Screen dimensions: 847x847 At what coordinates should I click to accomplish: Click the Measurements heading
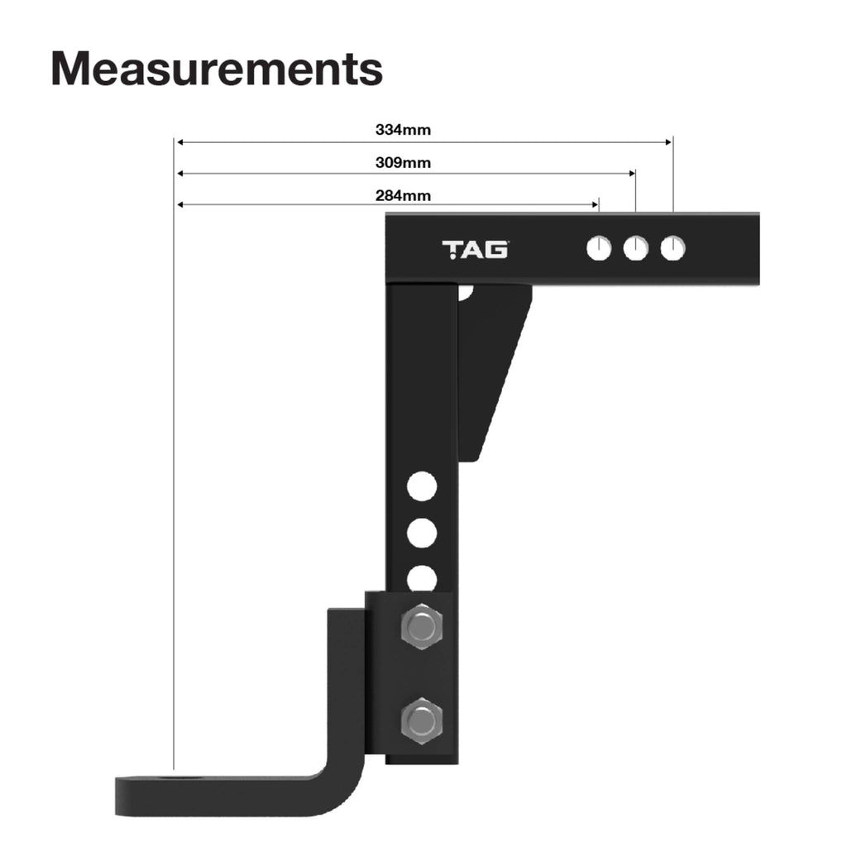217,69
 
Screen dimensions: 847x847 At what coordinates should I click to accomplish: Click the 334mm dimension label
403,130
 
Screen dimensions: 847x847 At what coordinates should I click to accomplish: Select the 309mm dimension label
403,163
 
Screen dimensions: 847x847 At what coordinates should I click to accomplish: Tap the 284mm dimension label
403,196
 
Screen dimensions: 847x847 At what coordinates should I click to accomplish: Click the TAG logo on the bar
475,249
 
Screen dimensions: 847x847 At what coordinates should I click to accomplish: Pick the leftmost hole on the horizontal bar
598,248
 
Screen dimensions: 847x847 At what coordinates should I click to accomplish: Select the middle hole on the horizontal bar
635,248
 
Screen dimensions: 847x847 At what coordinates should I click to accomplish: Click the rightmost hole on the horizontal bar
672,248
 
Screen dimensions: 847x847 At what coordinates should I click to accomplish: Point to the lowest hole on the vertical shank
422,578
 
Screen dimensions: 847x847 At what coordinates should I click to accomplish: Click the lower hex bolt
421,721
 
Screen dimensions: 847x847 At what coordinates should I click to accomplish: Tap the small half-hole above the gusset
466,290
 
